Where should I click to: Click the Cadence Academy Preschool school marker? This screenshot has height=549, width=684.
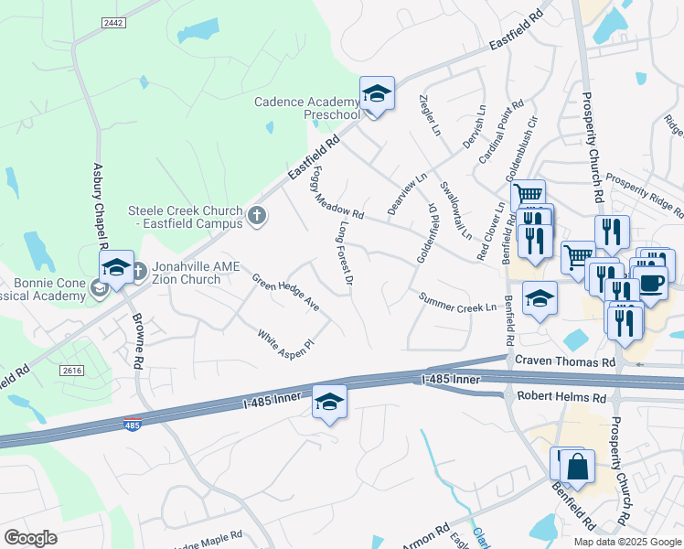point(376,94)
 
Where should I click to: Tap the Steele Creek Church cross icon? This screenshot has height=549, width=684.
point(257,217)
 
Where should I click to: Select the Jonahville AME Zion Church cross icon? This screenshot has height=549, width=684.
point(139,271)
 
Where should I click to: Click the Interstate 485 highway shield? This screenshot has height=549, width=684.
point(134,425)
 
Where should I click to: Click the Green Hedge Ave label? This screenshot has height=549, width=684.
point(285,291)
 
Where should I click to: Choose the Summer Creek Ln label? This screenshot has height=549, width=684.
point(457,302)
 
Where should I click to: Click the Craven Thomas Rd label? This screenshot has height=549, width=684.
point(564,362)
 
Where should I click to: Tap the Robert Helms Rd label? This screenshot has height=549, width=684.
point(561,398)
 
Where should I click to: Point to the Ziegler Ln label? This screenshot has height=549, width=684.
point(430,115)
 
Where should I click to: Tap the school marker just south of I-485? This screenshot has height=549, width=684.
point(329,402)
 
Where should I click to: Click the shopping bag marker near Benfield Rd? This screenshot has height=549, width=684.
point(579,467)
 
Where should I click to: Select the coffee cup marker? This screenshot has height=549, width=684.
point(650,282)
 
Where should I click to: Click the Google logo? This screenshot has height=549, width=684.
point(30,538)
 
